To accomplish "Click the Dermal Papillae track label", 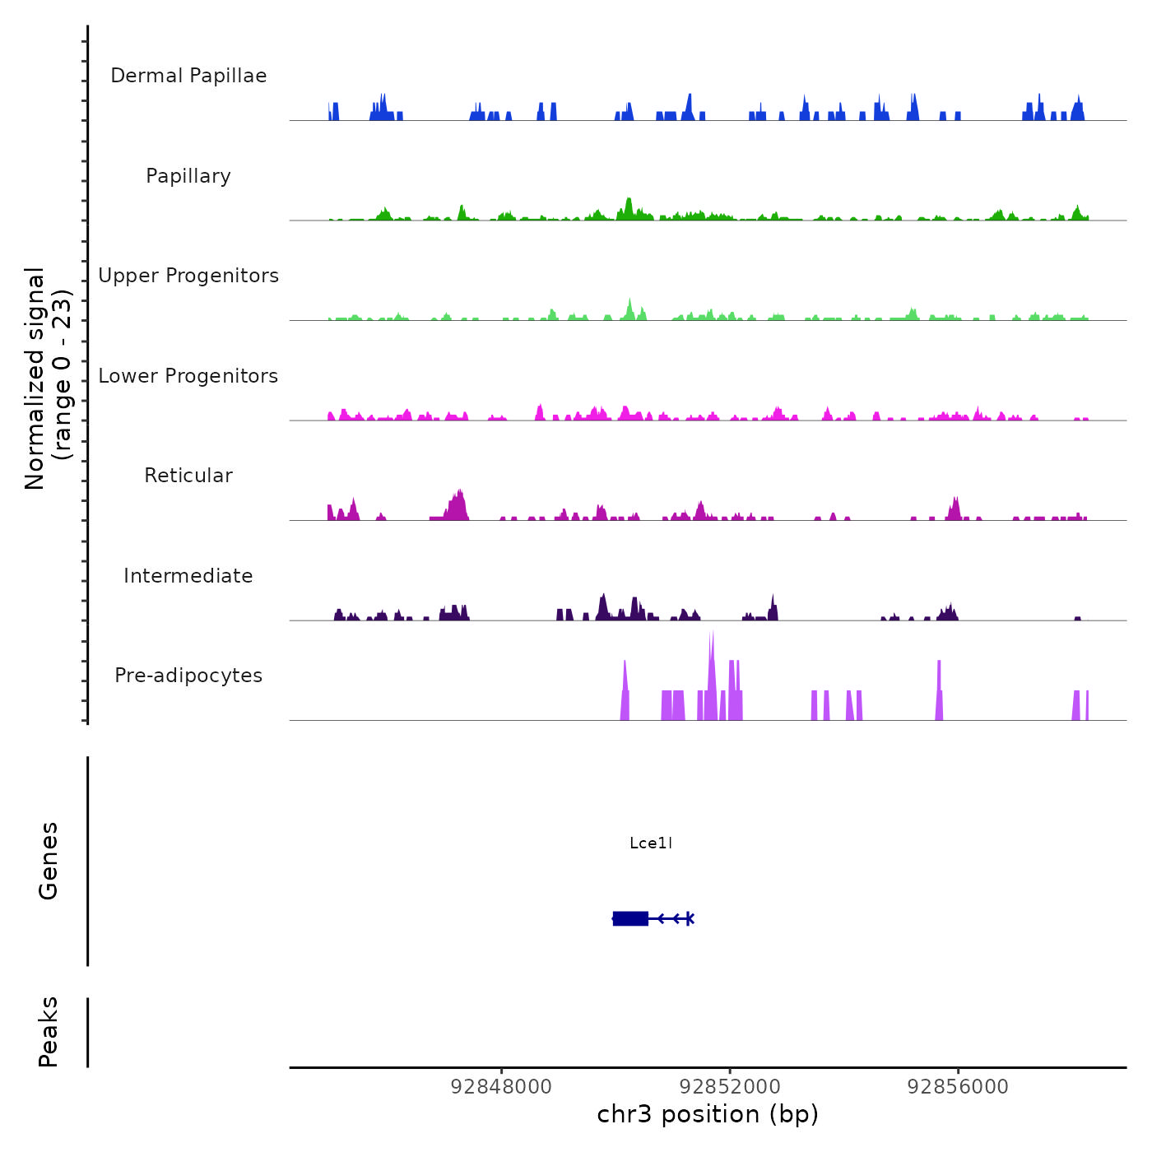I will point(188,76).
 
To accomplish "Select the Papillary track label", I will point(188,176).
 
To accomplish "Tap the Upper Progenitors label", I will point(188,276).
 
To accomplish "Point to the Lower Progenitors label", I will point(188,376).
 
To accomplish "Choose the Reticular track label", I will point(188,476).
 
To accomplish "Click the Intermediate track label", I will point(188,576).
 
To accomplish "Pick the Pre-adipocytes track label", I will point(188,676).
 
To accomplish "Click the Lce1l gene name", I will point(651,843).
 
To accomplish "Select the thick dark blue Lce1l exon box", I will point(630,918).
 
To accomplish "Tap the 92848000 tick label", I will point(502,1086).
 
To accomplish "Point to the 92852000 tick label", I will point(730,1086).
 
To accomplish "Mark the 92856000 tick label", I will point(958,1086).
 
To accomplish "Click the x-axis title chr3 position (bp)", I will point(708,1114).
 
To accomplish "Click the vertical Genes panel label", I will point(49,861).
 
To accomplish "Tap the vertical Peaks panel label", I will point(49,1032).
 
